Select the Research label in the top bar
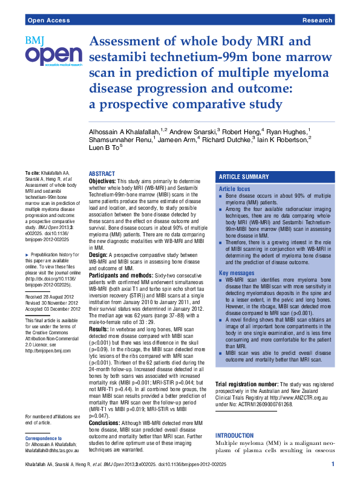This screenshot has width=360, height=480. (317, 20)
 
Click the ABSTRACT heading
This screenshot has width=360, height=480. (102, 174)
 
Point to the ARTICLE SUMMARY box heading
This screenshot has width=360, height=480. (244, 177)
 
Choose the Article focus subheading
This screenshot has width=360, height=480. (234, 190)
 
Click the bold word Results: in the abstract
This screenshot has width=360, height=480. (99, 328)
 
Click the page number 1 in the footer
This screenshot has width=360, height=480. (333, 464)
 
